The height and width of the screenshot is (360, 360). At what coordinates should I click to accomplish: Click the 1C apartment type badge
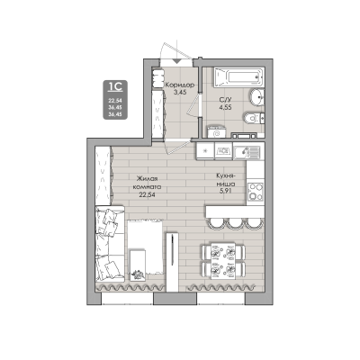115,87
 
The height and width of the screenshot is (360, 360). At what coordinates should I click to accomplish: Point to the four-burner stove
255,189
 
